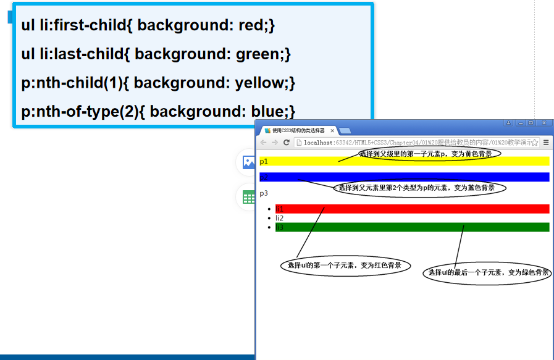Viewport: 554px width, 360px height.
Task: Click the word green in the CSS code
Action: coord(257,54)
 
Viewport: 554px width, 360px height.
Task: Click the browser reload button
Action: coord(287,143)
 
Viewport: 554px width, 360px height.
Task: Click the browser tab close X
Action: coord(332,131)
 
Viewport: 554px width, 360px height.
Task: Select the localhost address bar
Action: coord(414,143)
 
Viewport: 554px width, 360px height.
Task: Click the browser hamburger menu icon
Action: coord(546,143)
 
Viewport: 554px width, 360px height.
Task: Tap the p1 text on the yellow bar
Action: coord(264,161)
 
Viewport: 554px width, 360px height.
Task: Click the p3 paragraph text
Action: coord(264,193)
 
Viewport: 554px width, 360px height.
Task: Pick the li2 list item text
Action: coord(280,218)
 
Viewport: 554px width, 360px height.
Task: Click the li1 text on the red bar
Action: coord(280,209)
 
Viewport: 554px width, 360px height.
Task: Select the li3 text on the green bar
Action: coord(280,227)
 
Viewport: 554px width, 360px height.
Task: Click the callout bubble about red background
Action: coord(345,266)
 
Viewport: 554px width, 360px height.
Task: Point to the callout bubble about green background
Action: coord(487,272)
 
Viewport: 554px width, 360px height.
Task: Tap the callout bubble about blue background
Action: coord(420,187)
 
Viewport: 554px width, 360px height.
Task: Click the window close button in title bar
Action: coord(544,123)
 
